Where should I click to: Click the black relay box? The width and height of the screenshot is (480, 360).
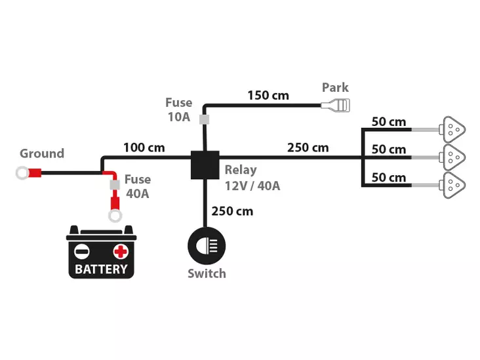point(205,165)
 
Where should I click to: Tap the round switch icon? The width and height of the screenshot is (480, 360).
point(207,245)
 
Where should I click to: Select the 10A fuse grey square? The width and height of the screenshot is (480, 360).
point(204,119)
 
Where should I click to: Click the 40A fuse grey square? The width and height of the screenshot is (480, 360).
point(115,185)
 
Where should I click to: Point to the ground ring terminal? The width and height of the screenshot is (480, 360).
point(22,173)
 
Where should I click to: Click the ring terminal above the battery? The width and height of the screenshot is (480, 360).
point(115,216)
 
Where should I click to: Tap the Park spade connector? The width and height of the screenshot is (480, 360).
point(335,106)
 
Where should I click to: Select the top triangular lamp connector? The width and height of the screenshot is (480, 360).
point(452,129)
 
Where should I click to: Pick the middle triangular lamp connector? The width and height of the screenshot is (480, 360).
point(452,157)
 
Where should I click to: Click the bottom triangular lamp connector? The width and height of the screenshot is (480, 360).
point(452,185)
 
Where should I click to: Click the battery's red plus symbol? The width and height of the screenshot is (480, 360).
point(120,252)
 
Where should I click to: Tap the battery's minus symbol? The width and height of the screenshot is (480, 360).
point(82,252)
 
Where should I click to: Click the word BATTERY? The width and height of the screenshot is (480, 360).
point(101,270)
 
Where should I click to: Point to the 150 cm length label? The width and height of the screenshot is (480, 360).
point(268,96)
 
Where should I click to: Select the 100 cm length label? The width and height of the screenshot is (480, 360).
point(144,148)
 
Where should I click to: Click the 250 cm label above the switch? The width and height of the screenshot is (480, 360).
point(232,211)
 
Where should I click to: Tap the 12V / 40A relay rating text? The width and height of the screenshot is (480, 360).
point(252,186)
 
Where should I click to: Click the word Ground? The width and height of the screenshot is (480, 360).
point(42,153)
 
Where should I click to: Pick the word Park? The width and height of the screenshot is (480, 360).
point(335,88)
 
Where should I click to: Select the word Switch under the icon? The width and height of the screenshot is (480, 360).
point(207,273)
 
